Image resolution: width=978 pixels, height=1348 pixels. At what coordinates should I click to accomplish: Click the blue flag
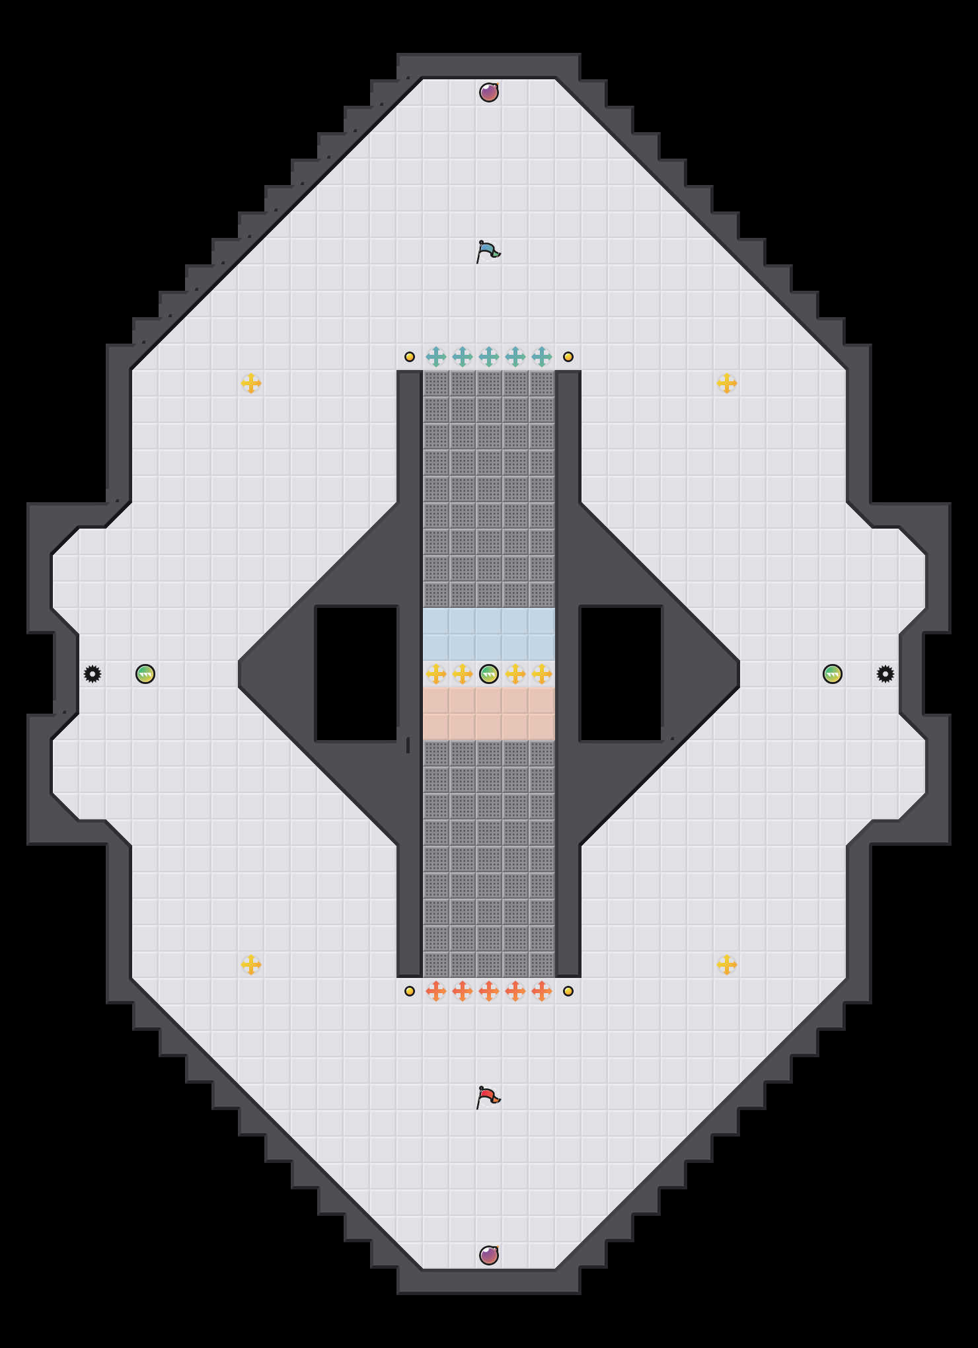point(488,251)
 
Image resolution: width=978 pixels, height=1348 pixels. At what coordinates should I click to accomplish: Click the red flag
point(488,1097)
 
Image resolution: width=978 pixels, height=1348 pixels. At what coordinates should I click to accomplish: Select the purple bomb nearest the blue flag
point(489,93)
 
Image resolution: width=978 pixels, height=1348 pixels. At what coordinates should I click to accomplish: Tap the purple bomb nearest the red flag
point(489,1255)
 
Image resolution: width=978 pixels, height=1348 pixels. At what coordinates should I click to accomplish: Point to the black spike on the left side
point(93,674)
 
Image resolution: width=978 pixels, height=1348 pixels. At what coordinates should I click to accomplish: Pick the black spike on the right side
point(885,674)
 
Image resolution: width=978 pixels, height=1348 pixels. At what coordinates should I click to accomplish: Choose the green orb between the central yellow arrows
point(489,674)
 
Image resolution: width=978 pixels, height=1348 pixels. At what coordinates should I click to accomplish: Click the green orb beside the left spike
point(145,674)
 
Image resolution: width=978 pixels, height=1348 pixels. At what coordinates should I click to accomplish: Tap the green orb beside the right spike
point(833,674)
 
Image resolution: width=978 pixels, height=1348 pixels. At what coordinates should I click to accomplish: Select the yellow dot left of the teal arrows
point(410,357)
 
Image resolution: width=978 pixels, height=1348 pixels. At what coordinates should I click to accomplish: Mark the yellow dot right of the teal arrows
point(568,357)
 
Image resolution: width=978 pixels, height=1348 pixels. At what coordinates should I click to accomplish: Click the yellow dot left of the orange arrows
point(410,991)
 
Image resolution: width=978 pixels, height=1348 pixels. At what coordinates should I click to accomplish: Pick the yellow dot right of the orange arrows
point(568,991)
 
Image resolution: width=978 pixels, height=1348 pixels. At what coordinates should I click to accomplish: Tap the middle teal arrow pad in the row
point(489,357)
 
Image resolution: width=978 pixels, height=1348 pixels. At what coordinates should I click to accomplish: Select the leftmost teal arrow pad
point(436,357)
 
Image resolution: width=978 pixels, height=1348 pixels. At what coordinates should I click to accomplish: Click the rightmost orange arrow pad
point(542,991)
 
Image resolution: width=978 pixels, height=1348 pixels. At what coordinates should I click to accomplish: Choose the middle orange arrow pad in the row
point(489,991)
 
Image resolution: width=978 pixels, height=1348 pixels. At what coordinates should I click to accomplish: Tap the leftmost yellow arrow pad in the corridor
point(436,674)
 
